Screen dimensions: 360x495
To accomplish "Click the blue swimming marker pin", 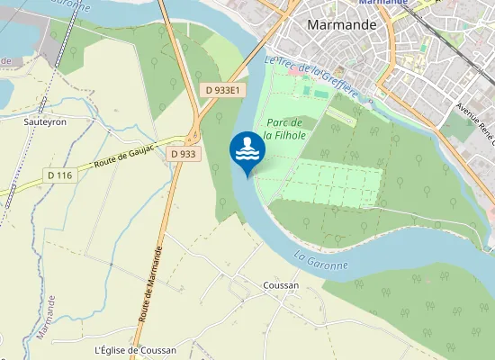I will tap(247, 150).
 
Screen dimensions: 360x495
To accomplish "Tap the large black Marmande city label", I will tap(341, 25).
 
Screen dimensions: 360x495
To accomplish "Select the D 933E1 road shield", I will tap(221, 90).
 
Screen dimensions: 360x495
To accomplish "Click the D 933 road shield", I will tap(183, 154).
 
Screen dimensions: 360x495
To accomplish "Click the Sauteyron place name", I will tap(45, 121).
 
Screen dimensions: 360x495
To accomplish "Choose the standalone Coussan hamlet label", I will tap(281, 285).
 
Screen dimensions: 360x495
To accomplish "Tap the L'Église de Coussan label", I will tap(135, 350).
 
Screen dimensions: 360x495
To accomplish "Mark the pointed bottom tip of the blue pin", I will tap(247, 177).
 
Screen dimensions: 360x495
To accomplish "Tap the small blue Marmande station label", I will tap(383, 3).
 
